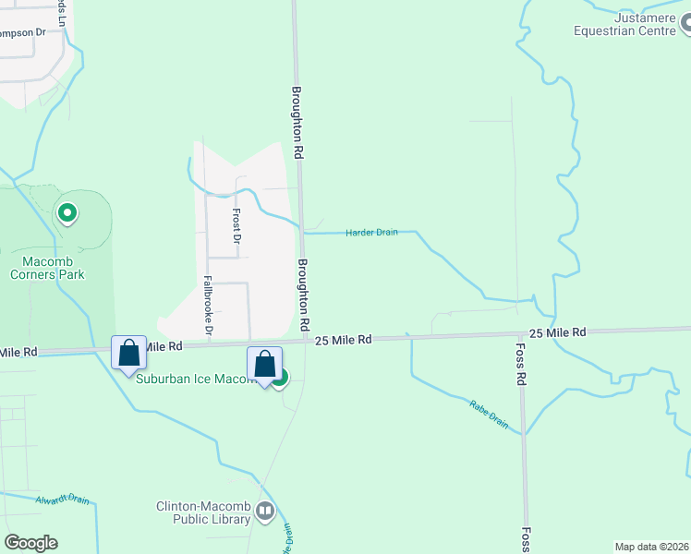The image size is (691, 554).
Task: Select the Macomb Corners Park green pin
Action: (x=67, y=214)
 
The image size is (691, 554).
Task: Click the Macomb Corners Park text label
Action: (x=47, y=267)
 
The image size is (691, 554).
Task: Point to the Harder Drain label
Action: (x=371, y=233)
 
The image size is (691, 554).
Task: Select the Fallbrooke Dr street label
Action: (x=208, y=306)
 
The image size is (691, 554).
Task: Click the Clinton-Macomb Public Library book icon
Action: (x=265, y=511)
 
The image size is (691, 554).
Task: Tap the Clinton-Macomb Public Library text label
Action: (x=203, y=512)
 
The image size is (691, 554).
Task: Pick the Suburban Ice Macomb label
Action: (x=194, y=379)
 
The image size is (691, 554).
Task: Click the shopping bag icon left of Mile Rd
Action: (x=128, y=352)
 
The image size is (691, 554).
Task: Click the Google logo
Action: (x=30, y=543)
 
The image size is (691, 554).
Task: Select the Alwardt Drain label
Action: (x=63, y=500)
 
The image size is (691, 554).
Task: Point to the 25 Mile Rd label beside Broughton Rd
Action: (x=343, y=340)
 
